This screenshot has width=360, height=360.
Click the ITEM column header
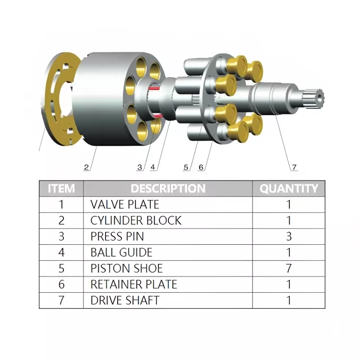(x=61, y=188)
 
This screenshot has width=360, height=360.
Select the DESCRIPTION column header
(x=168, y=188)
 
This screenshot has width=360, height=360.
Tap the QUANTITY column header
(x=288, y=188)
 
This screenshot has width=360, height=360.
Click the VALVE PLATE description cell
(x=125, y=204)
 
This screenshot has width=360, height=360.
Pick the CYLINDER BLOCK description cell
(x=136, y=220)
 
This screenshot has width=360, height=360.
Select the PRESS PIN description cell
(x=117, y=236)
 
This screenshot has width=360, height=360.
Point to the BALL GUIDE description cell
(x=121, y=252)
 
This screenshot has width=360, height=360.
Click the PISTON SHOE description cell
(x=127, y=268)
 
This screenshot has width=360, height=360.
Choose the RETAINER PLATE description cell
(x=134, y=284)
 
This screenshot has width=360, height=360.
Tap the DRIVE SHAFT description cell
(x=125, y=300)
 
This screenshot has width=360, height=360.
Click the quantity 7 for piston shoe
(x=288, y=268)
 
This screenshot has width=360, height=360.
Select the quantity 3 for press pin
(x=288, y=236)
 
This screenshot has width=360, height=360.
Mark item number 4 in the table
(x=61, y=252)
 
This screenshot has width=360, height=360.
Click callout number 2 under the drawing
(x=86, y=168)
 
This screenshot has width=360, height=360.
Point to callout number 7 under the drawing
(x=294, y=168)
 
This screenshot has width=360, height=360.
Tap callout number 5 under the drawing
(x=186, y=168)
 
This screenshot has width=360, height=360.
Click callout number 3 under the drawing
(x=140, y=168)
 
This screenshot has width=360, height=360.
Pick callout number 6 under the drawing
(x=201, y=168)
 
